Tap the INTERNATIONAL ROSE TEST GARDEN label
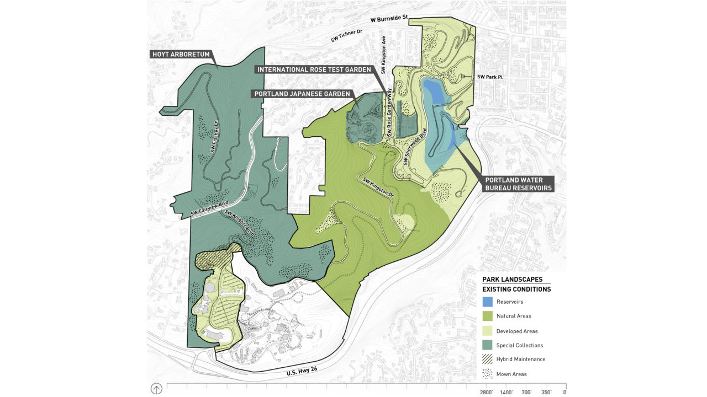(x=314, y=70)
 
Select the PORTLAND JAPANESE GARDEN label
(x=302, y=94)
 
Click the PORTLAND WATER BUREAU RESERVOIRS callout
(x=514, y=184)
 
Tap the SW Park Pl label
(x=490, y=77)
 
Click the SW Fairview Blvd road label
(x=209, y=209)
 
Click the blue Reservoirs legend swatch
(x=487, y=302)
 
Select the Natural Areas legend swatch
(x=487, y=316)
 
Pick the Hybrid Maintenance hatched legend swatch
(x=487, y=359)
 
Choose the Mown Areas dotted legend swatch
(x=487, y=374)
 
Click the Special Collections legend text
(x=519, y=345)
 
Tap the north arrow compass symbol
(x=156, y=389)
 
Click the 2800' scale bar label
(x=486, y=392)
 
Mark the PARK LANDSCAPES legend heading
(x=512, y=280)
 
